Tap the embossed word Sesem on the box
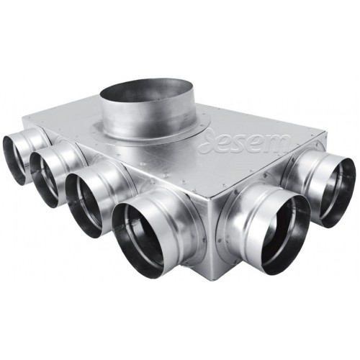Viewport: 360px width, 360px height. point(245,141)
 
